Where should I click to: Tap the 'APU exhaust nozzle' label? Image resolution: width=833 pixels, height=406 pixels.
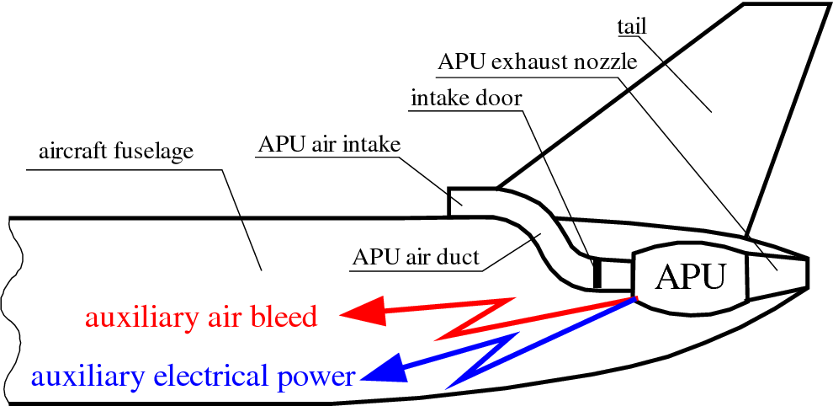click(x=538, y=62)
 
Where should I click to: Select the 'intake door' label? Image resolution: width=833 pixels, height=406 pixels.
click(x=466, y=98)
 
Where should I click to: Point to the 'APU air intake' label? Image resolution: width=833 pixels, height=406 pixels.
click(x=328, y=145)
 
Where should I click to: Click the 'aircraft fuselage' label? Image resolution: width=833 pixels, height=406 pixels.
click(x=116, y=152)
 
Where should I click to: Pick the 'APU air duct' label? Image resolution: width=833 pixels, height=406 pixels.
click(x=416, y=256)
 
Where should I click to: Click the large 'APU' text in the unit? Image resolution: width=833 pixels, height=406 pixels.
click(x=689, y=275)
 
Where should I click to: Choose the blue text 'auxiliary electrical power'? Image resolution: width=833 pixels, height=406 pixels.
click(x=193, y=376)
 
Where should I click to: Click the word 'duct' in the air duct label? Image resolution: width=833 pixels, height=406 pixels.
click(x=459, y=256)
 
